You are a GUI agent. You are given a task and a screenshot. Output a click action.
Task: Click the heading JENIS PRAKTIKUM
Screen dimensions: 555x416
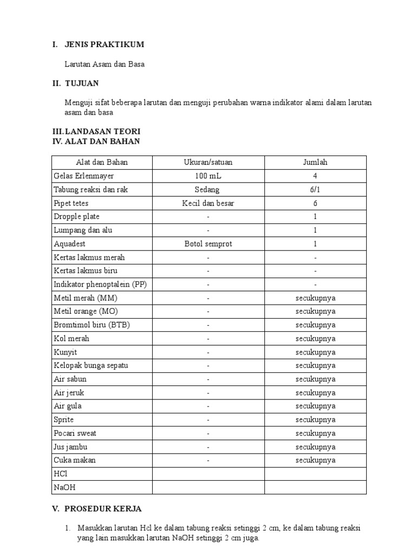pyautogui.click(x=104, y=44)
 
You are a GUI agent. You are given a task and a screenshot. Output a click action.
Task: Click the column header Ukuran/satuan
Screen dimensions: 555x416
pyautogui.click(x=208, y=162)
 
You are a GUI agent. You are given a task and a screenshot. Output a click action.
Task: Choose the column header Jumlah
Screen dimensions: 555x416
pyautogui.click(x=315, y=162)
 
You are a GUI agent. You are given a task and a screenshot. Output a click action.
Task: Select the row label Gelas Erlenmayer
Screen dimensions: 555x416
pyautogui.click(x=84, y=176)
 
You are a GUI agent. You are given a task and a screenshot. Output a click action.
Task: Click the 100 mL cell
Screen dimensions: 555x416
pyautogui.click(x=208, y=176)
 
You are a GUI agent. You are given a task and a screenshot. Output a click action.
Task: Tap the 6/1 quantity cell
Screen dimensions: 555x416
pyautogui.click(x=315, y=190)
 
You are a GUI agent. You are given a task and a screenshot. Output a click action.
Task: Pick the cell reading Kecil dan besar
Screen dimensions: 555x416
pyautogui.click(x=208, y=203)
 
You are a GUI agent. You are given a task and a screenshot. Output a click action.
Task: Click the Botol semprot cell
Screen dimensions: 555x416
pyautogui.click(x=208, y=244)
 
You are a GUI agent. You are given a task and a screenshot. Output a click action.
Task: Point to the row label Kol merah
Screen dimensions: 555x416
pyautogui.click(x=71, y=339)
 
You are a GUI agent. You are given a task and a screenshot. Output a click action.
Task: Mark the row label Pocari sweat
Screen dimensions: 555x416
pyautogui.click(x=75, y=434)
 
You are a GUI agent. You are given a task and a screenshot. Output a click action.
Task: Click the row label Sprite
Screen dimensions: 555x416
pyautogui.click(x=64, y=420)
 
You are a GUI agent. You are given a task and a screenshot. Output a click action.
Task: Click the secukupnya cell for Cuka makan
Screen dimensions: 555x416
pyautogui.click(x=315, y=461)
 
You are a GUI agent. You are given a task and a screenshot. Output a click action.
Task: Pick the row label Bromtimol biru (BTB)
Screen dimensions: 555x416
pyautogui.click(x=92, y=325)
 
